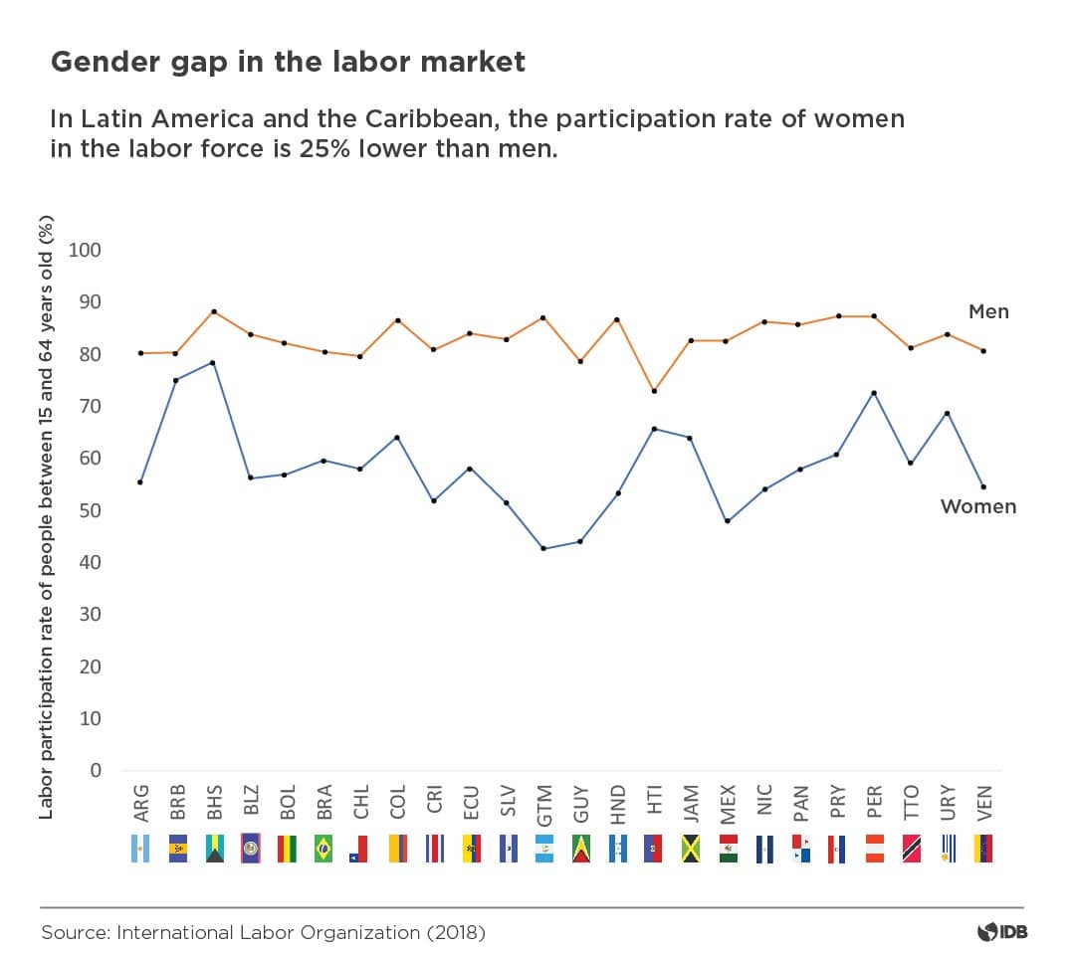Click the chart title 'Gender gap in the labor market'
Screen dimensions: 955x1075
(288, 62)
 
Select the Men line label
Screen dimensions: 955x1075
(988, 311)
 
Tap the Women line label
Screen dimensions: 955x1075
(978, 506)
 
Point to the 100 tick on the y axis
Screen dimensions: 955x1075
(86, 250)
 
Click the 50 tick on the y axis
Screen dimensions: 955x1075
(91, 510)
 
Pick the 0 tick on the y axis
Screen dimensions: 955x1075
(96, 771)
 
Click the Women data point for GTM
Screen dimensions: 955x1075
(542, 548)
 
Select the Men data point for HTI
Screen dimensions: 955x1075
(653, 391)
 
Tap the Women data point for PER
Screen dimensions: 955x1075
(873, 393)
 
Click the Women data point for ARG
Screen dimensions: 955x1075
(140, 482)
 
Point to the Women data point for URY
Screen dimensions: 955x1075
(947, 413)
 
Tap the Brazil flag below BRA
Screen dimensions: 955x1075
(323, 849)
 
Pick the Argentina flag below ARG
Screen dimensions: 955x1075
(140, 849)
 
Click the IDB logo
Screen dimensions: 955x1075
(1001, 932)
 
